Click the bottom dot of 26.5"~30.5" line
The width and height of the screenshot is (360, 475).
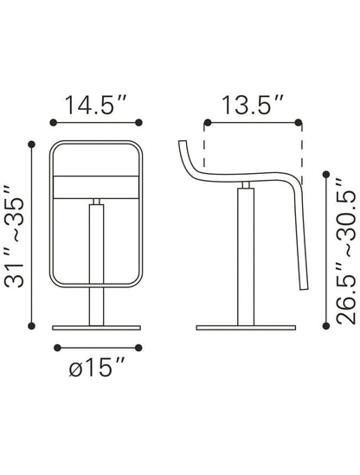coord(327,325)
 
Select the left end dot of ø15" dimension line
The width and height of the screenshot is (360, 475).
coord(55,347)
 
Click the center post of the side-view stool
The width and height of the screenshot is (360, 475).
coord(246,260)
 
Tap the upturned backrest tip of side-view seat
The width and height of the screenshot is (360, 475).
coord(179,142)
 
